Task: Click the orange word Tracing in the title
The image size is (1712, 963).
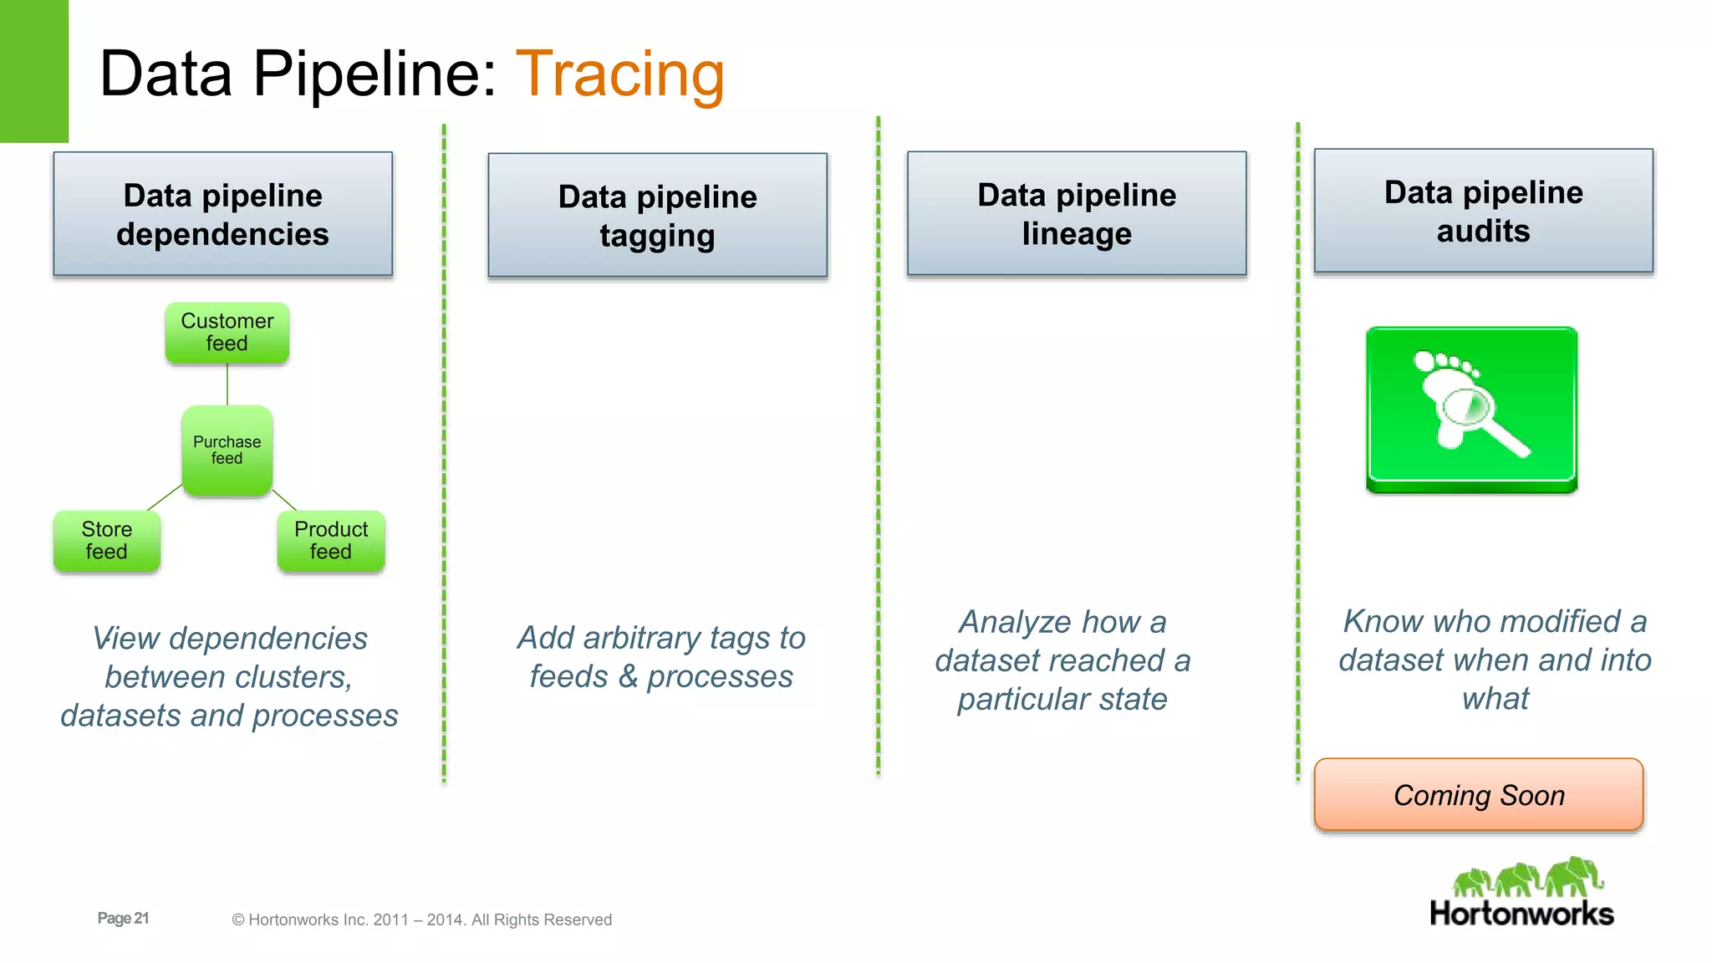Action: tap(619, 75)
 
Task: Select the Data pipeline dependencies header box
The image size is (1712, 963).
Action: tap(222, 214)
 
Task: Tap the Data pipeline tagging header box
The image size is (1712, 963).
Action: tap(657, 215)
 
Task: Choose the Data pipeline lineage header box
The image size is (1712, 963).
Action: tap(1077, 213)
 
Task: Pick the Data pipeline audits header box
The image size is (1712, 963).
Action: tap(1483, 211)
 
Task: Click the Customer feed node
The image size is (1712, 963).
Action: tap(227, 333)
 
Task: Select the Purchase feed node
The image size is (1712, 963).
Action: tap(227, 450)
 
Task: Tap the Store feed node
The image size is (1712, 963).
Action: tap(106, 541)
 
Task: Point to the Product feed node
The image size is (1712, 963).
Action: tap(331, 541)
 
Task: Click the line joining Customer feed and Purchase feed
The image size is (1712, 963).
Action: tap(227, 385)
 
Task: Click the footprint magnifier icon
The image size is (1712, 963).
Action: tap(1471, 409)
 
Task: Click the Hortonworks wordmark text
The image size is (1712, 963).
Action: tap(1521, 914)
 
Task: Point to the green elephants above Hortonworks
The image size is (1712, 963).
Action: tap(1527, 878)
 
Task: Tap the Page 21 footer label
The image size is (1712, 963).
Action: tap(123, 918)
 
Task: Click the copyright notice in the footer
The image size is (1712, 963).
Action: tap(421, 920)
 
